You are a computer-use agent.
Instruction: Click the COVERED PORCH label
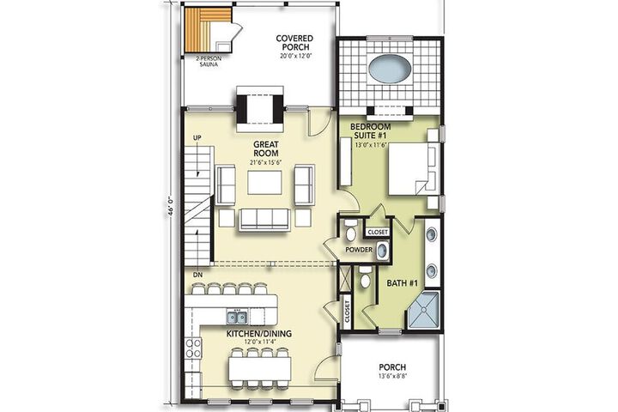coord(294,43)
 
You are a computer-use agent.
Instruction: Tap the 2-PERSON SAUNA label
coord(209,62)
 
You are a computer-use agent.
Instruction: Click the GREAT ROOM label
coord(266,148)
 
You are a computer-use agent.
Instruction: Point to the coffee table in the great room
coord(265,183)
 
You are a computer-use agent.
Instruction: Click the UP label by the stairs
coord(197,137)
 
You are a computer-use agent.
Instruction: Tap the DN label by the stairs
coord(198,275)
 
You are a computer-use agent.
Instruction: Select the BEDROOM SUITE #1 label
coord(370,130)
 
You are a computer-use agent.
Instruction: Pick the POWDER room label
coord(359,250)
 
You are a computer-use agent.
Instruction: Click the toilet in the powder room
coord(350,230)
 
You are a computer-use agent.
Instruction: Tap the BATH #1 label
coord(402,283)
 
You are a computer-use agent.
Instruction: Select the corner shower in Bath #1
coord(423,310)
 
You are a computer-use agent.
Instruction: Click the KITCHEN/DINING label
coord(259,334)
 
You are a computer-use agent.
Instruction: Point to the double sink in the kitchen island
coord(237,316)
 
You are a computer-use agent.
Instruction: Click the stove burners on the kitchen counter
coord(193,348)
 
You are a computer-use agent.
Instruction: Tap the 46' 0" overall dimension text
coord(171,207)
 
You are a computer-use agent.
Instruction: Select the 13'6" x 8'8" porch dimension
coord(392,376)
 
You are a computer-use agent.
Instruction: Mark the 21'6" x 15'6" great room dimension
coord(266,162)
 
